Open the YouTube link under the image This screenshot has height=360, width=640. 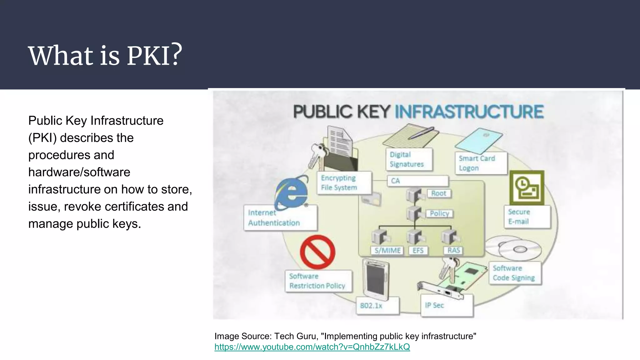312,347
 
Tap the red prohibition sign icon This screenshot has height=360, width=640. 317,252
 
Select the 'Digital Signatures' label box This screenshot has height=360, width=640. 409,159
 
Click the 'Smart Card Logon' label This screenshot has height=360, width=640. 480,163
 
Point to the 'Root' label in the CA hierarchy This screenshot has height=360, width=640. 438,193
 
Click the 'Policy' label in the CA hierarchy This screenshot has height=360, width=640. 439,214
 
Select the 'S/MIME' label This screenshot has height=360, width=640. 387,251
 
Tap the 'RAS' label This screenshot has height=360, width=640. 453,251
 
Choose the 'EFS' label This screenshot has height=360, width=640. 418,251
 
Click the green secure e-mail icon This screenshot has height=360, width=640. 527,187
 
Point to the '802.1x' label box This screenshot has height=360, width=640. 377,305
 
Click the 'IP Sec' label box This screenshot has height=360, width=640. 446,305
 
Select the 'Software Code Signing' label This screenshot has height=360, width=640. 514,273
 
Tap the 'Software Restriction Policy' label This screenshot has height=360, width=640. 318,281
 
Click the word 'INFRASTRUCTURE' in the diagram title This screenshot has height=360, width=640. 469,112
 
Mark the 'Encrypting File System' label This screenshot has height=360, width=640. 344,183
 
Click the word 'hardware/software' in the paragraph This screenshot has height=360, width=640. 79,172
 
